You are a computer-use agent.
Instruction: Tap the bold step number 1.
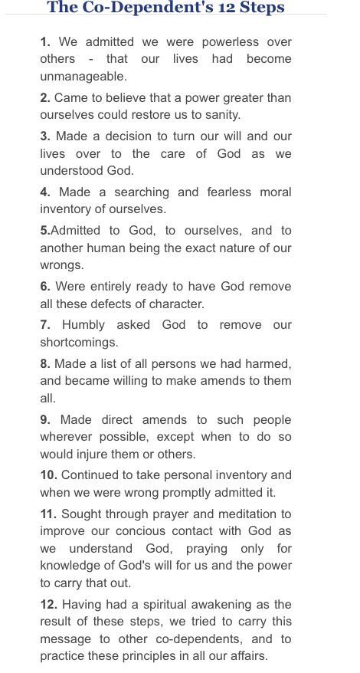pos(44,41)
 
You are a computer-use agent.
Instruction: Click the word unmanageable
pos(83,77)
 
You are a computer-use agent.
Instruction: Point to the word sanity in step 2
pos(221,115)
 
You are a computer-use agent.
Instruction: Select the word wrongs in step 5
pos(62,265)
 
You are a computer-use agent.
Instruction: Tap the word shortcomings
pos(79,343)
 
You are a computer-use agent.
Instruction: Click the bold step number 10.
pos(48,474)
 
